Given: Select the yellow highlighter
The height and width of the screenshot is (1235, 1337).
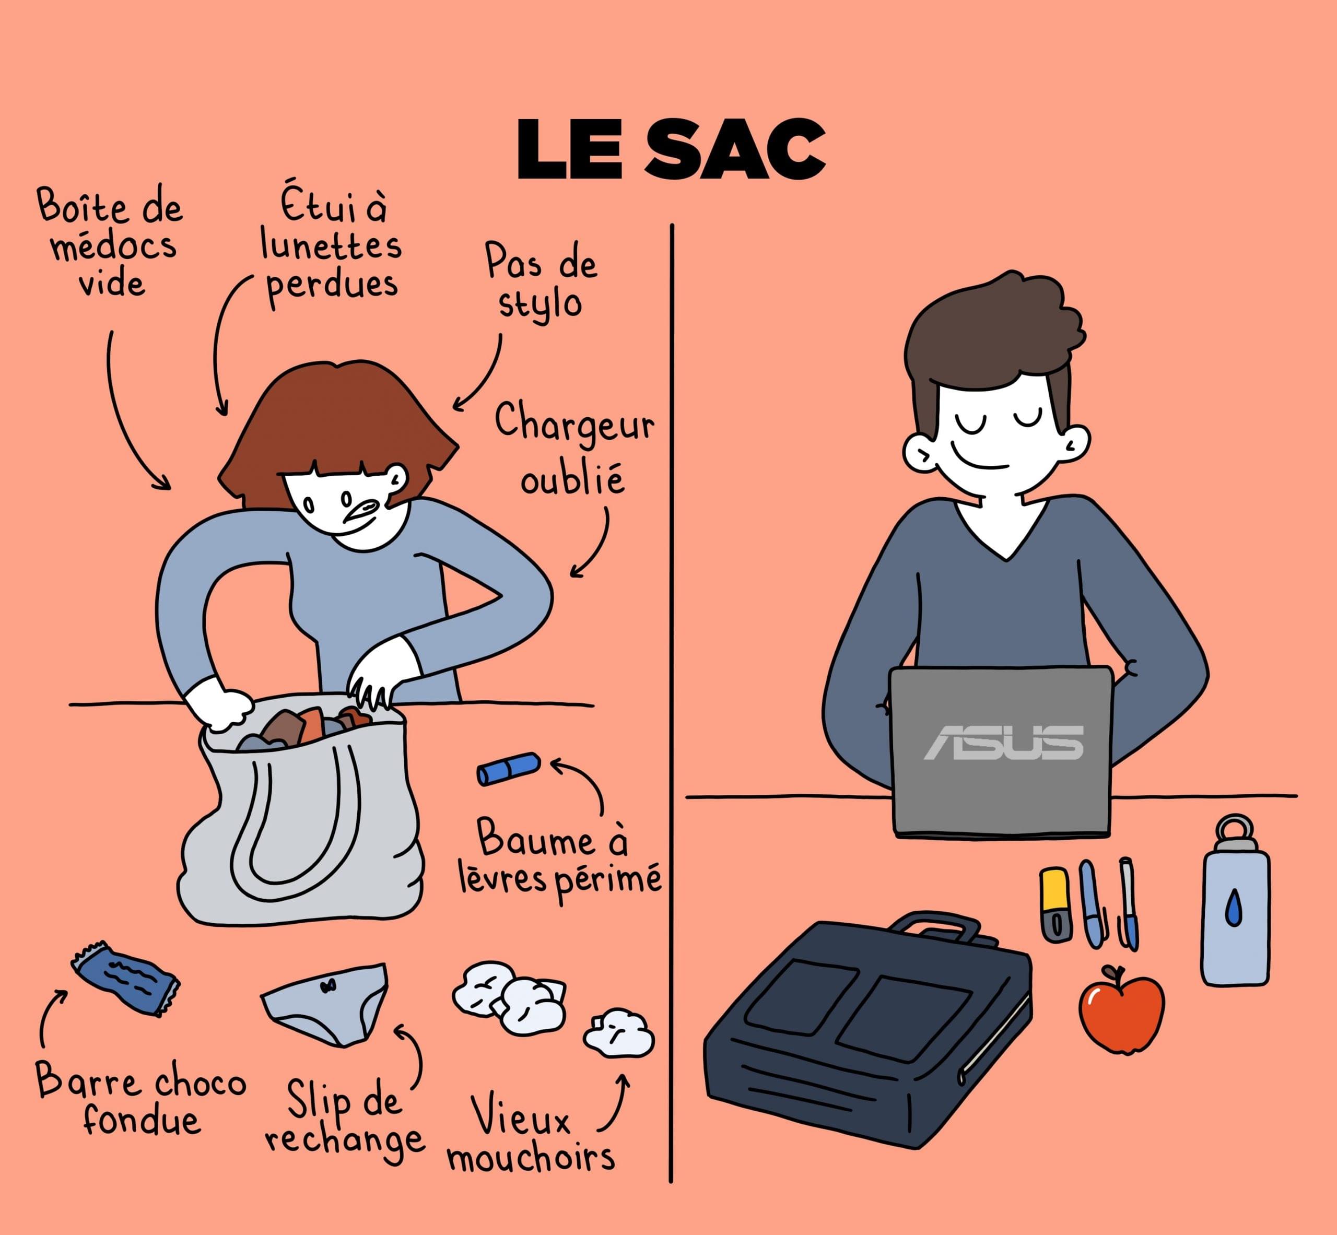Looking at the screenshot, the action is pyautogui.click(x=1055, y=905).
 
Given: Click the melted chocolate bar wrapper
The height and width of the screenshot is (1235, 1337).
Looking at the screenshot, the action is pyautogui.click(x=125, y=979).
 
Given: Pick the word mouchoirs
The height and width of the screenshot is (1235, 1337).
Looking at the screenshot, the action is pyautogui.click(x=531, y=1158).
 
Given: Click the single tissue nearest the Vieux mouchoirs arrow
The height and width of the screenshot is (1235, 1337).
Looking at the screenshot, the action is pyautogui.click(x=618, y=1033).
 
